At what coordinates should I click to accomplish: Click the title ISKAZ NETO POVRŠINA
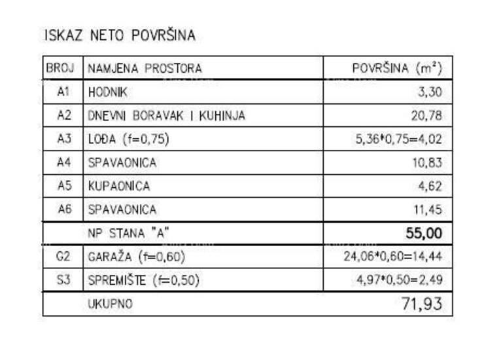(119, 35)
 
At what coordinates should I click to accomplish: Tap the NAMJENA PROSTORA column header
(145, 68)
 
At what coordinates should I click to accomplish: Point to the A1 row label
(63, 92)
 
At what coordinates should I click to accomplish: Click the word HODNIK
(107, 92)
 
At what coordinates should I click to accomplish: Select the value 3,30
(430, 92)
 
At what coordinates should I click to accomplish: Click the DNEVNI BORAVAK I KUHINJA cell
(166, 116)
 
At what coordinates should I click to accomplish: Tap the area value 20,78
(427, 116)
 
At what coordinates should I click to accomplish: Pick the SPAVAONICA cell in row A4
(122, 163)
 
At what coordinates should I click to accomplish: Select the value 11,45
(427, 209)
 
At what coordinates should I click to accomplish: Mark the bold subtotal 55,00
(424, 232)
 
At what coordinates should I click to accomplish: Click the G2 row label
(63, 257)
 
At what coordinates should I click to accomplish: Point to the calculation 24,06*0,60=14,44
(393, 257)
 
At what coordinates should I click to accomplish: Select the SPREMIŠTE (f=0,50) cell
(143, 280)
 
